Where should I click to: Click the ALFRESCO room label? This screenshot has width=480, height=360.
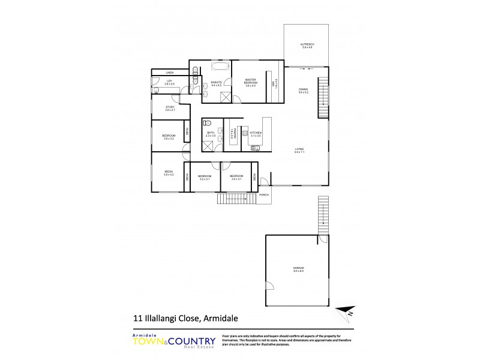coord(307,46)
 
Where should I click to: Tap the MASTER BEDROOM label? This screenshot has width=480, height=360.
coord(251,81)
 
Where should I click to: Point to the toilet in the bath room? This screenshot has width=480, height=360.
coord(207,122)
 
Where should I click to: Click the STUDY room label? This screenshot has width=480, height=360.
coord(170,108)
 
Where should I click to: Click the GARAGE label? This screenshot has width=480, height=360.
coord(298,269)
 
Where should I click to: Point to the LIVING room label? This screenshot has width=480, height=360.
coord(299,151)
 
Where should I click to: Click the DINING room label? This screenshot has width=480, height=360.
coord(304,91)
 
